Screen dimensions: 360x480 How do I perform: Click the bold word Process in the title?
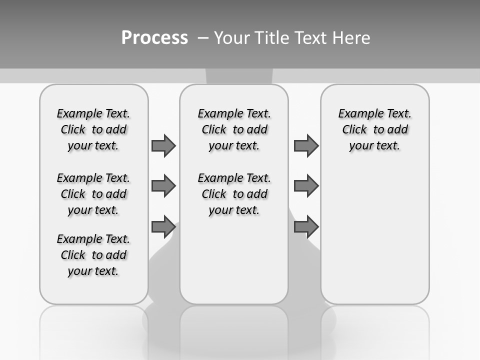click(x=154, y=38)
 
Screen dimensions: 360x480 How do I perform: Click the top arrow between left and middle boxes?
click(x=163, y=145)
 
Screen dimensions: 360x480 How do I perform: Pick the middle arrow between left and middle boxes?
click(x=163, y=186)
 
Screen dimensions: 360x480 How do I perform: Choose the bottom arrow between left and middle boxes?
click(x=163, y=227)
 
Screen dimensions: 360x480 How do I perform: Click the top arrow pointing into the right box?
click(x=306, y=145)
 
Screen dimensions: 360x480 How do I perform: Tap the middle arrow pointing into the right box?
click(x=306, y=186)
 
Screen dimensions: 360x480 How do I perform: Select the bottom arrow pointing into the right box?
click(x=306, y=227)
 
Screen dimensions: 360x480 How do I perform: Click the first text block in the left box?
click(x=93, y=129)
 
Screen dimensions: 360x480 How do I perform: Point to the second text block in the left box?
click(x=93, y=194)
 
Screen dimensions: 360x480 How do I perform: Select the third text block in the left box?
click(x=93, y=255)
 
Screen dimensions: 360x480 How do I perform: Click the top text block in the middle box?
click(x=234, y=129)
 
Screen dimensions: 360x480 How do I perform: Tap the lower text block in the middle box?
click(x=234, y=194)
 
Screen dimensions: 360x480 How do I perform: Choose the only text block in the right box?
click(x=375, y=129)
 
